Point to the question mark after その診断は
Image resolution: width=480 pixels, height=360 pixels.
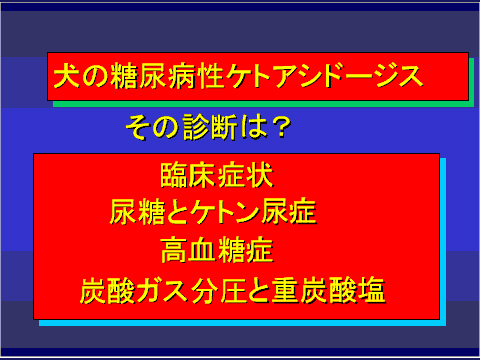pyautogui.click(x=282, y=128)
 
